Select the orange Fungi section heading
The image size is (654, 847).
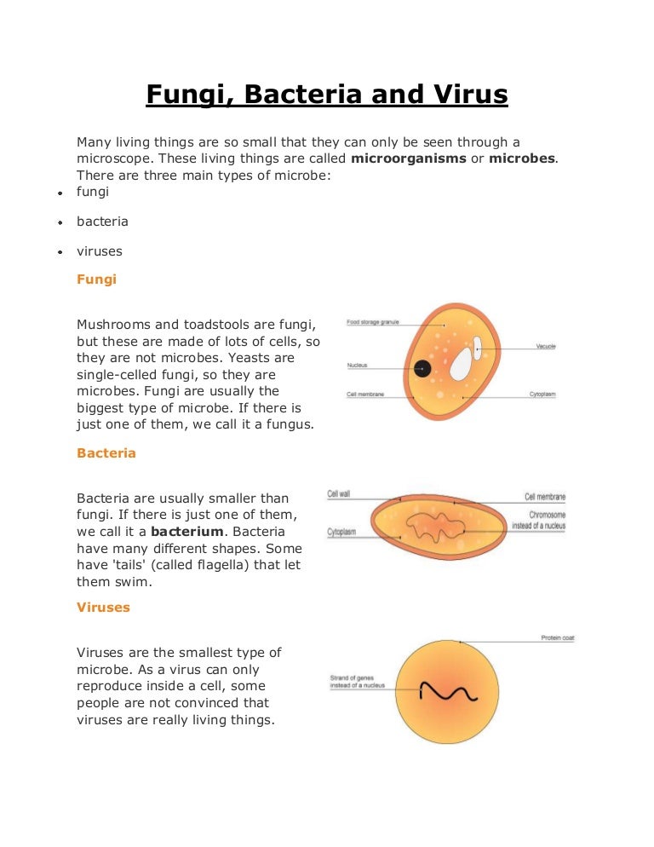(96, 279)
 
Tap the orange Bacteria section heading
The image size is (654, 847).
(106, 453)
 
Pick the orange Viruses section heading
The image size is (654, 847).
(103, 608)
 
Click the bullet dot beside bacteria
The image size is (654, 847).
(60, 222)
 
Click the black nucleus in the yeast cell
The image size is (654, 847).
(422, 368)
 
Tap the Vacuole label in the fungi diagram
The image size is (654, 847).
(546, 347)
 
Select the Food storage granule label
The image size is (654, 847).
(372, 323)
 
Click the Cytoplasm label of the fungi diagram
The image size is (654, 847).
(542, 395)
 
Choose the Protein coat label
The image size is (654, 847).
(557, 638)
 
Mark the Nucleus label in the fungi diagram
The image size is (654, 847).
(357, 366)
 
